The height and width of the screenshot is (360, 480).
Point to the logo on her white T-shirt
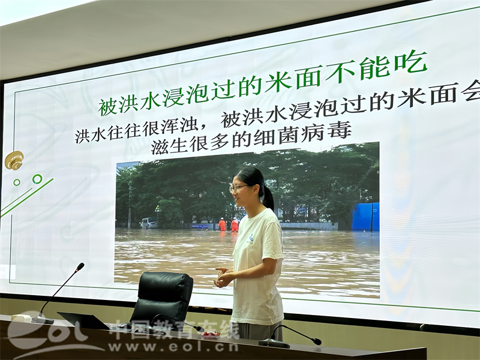250,239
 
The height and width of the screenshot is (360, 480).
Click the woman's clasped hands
223,277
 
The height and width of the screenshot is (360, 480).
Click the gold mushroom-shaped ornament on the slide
14,160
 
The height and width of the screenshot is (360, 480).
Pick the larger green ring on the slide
37,179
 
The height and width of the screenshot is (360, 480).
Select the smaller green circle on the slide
17,182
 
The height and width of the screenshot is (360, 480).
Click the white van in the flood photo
149,223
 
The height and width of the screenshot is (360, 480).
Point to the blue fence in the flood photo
365,217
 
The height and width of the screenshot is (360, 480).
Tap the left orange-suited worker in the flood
222,224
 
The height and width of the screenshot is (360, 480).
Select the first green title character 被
108,107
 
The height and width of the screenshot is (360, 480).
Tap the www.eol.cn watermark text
173,347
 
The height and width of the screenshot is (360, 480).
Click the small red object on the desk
211,334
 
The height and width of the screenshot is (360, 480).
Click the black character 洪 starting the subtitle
82,136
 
